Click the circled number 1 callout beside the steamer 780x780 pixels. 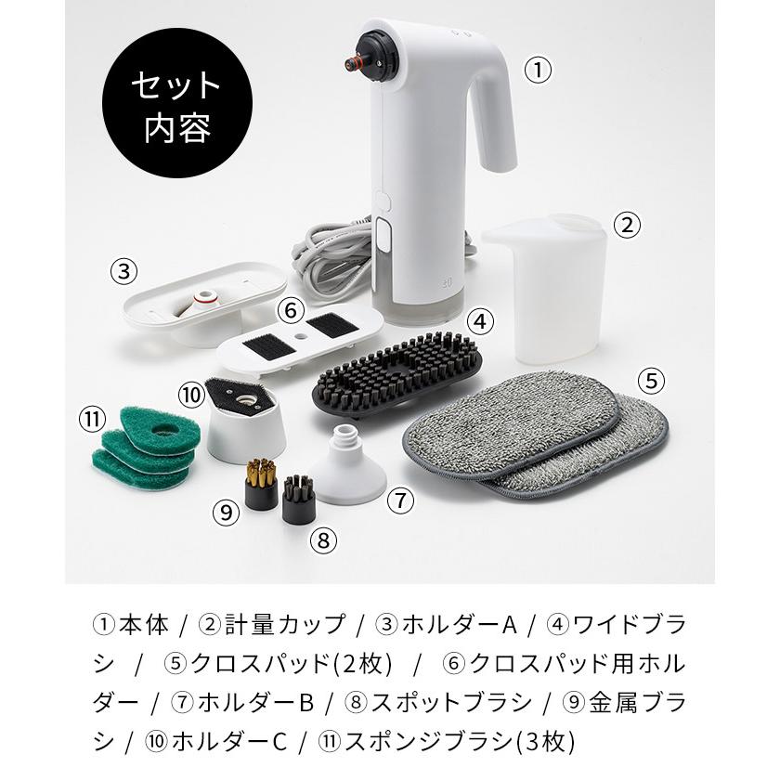tap(538, 71)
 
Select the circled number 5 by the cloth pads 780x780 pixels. tap(653, 380)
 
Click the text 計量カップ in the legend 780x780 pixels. tap(283, 623)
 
